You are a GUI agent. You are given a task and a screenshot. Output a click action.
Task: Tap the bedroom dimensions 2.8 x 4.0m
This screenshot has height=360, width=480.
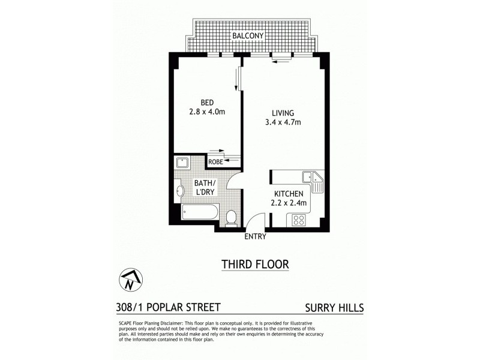[206, 112]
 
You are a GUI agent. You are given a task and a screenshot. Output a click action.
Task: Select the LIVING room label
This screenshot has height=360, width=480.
[283, 113]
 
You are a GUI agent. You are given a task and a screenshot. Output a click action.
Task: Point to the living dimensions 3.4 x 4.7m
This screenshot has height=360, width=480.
[283, 123]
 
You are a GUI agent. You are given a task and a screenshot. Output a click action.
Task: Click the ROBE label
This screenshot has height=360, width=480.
[215, 161]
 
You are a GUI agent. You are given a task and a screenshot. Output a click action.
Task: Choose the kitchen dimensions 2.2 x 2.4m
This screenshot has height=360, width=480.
[290, 203]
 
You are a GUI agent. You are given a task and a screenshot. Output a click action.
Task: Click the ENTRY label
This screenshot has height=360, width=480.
[256, 236]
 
